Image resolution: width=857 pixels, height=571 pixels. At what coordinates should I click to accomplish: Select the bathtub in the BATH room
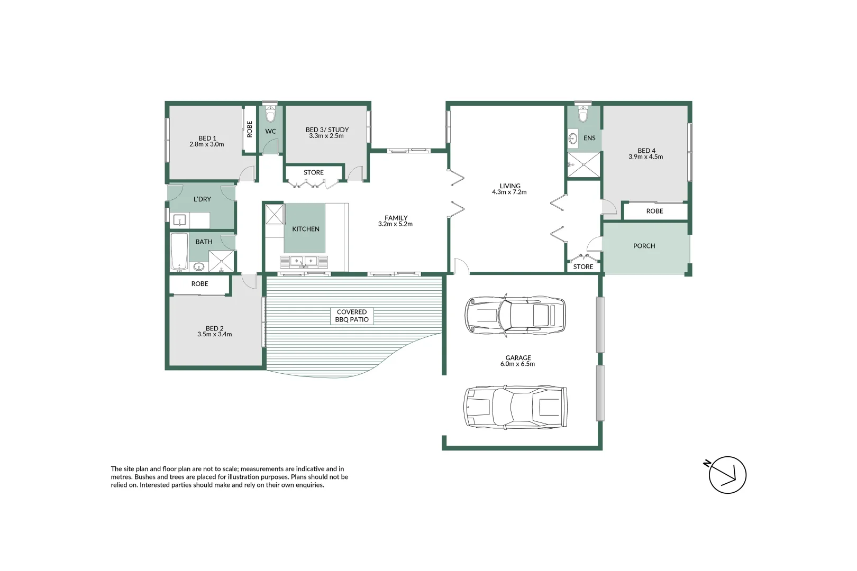pyautogui.click(x=179, y=252)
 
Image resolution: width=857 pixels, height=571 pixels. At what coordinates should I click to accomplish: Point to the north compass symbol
pyautogui.click(x=727, y=474)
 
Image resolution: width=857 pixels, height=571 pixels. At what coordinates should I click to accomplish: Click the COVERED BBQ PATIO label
pyautogui.click(x=352, y=316)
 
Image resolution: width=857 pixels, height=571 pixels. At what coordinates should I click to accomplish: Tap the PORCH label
pyautogui.click(x=644, y=246)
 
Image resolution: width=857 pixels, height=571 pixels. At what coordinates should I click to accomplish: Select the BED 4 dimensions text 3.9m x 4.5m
pyautogui.click(x=645, y=157)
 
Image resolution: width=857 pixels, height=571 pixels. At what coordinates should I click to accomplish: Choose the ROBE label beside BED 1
pyautogui.click(x=250, y=130)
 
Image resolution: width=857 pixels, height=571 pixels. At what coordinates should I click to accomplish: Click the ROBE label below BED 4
pyautogui.click(x=654, y=211)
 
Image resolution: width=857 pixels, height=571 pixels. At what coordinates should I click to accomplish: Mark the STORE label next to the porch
pyautogui.click(x=583, y=267)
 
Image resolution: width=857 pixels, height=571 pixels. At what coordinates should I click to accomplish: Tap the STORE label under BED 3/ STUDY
pyautogui.click(x=314, y=172)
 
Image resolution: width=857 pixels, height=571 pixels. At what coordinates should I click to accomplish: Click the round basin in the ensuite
pyautogui.click(x=573, y=139)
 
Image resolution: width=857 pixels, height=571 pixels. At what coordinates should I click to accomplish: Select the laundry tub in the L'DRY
pyautogui.click(x=179, y=220)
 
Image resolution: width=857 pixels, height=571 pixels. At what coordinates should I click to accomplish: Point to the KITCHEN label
pyautogui.click(x=306, y=229)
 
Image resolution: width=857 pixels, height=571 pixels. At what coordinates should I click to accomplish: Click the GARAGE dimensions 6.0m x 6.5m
pyautogui.click(x=517, y=364)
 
